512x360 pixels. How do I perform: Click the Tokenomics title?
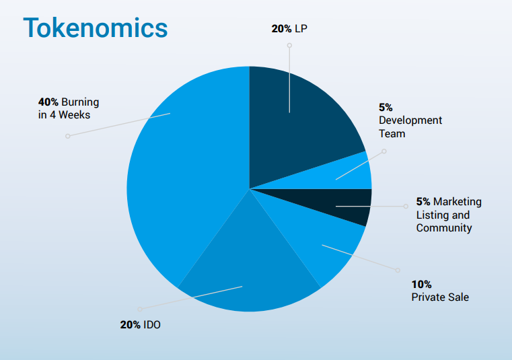pos(95,28)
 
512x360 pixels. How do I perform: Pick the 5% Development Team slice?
pos(353,172)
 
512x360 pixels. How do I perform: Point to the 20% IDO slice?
pos(249,276)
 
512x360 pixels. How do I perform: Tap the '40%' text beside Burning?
pos(48,102)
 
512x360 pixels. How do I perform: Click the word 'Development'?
pos(410,120)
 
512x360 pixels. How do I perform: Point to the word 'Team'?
pos(392,133)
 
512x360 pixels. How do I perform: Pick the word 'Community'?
pos(444,228)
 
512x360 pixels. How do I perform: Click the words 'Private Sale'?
pos(440,297)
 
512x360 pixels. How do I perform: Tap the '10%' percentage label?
pos(422,284)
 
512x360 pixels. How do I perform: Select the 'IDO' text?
pos(152,325)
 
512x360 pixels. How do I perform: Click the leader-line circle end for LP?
pos(289,46)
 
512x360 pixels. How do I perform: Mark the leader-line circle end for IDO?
pos(140,309)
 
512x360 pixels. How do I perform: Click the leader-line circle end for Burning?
pos(67,137)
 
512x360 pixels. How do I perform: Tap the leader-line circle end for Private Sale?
pos(396,270)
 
